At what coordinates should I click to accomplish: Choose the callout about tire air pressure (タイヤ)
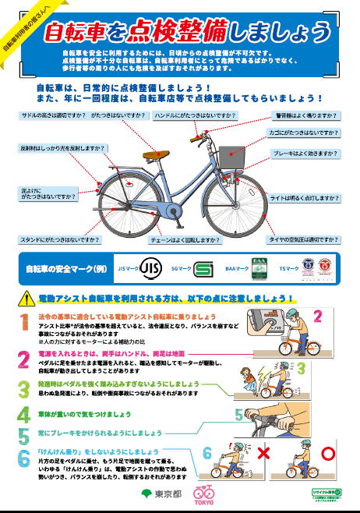[x=302, y=239]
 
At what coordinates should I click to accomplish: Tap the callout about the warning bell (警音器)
[x=306, y=115]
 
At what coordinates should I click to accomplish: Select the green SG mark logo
[x=203, y=269]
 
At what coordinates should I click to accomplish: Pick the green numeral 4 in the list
[x=23, y=413]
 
